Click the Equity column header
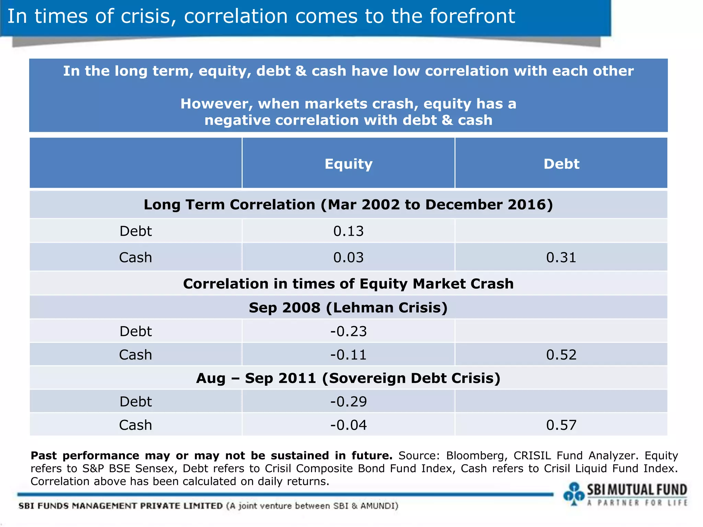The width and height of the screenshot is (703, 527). [348, 164]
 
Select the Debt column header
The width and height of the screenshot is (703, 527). [561, 164]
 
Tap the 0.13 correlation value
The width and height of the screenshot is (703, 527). [348, 231]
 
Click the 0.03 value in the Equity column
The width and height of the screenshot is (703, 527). [348, 258]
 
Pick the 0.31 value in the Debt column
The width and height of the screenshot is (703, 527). [561, 258]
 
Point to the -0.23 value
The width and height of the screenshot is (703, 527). [348, 331]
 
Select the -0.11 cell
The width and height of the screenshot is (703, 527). [348, 355]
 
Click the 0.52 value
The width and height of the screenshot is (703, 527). [561, 355]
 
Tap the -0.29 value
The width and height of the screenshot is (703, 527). [348, 402]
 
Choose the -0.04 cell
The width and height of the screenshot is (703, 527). [348, 425]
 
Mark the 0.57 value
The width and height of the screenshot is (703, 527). [561, 425]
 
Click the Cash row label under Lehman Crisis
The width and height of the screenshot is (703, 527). [136, 355]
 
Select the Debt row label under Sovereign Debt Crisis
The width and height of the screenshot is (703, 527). [136, 402]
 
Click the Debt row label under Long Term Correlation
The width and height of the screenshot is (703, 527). [136, 231]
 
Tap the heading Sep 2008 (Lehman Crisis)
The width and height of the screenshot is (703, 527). [348, 308]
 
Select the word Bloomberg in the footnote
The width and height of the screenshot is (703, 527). [476, 456]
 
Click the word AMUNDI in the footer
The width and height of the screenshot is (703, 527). [378, 506]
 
